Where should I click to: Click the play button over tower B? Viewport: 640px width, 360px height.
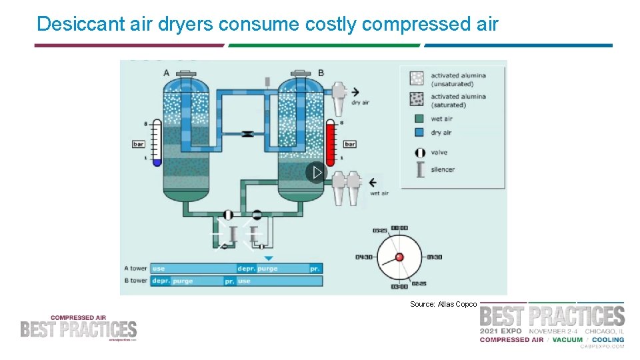(317, 173)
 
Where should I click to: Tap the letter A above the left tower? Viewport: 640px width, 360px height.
(166, 73)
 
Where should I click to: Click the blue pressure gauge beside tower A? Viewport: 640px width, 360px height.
(157, 142)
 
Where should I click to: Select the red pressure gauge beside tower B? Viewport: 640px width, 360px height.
(331, 142)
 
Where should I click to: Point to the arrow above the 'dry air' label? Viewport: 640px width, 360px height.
(355, 92)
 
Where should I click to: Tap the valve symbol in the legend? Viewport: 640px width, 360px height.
(420, 152)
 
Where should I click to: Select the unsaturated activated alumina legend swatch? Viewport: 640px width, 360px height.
(417, 79)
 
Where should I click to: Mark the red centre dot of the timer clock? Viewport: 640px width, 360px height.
(399, 257)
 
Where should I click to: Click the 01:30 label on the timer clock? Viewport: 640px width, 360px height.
(434, 257)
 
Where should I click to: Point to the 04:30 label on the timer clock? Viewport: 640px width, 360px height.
(364, 257)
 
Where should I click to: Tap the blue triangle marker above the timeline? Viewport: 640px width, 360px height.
(268, 258)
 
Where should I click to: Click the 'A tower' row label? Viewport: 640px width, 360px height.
(135, 269)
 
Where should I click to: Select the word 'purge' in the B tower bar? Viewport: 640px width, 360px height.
(183, 281)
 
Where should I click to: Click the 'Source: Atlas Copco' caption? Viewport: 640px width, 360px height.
(443, 304)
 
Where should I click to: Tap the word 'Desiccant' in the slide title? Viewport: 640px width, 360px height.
(73, 24)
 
